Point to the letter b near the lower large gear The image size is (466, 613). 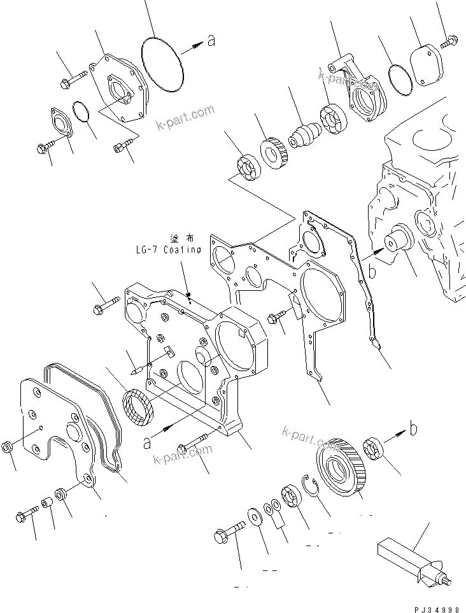[413, 429]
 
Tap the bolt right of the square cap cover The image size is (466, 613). [448, 41]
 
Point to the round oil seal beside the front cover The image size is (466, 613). [137, 407]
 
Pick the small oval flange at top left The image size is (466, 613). [60, 124]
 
